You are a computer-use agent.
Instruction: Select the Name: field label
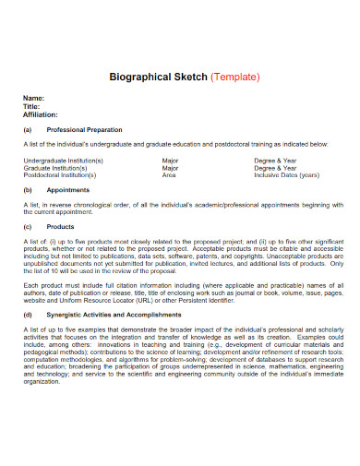click(34, 98)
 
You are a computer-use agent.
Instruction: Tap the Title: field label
click(32, 106)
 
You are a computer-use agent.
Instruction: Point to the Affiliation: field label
click(42, 114)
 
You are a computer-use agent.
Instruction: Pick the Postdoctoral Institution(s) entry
click(60, 174)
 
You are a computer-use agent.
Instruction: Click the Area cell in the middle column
click(170, 174)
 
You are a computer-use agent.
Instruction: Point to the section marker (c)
click(29, 226)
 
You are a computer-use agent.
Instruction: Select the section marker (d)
click(29, 315)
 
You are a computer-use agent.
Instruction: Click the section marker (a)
click(29, 130)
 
